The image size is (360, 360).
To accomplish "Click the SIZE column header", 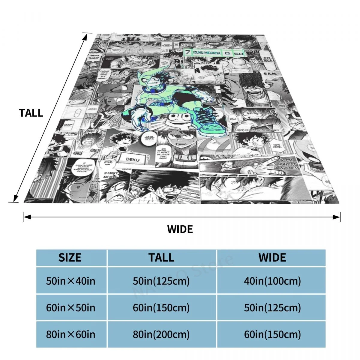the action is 70,258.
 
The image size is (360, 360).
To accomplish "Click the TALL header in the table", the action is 161,258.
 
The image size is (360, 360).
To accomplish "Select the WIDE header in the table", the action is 272,258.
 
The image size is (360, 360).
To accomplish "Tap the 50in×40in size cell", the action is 70,281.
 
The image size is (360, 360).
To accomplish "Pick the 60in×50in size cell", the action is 70,308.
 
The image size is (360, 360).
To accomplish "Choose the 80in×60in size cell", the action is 70,334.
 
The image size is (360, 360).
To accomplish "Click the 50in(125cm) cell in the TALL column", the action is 161,281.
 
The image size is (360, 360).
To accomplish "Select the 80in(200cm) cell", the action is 161,334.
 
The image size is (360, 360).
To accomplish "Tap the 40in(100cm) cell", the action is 272,281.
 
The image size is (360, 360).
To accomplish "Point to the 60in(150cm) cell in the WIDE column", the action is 272,334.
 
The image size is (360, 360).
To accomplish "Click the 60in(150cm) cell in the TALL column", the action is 161,308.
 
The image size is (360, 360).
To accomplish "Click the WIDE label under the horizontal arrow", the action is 180,229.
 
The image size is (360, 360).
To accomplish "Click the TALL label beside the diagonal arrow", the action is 31,113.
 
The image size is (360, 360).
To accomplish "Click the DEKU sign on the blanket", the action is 133,159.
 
